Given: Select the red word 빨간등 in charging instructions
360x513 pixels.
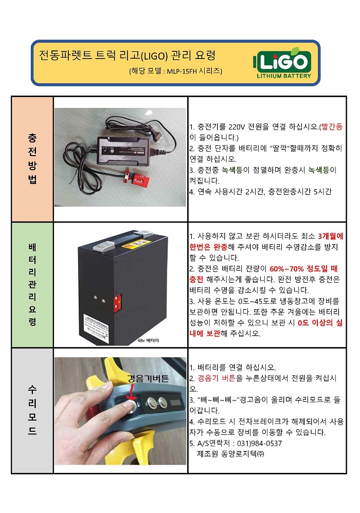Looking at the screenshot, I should pos(331,126).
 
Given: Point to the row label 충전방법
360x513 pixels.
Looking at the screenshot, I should pos(32,159).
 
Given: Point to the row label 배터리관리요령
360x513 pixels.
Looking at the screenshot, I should pos(32,284).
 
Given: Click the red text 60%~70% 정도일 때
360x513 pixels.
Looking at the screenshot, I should pos(303,269).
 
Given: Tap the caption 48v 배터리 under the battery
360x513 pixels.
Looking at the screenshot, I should pos(149,341).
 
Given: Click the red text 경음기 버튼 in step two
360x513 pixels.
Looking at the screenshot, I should pos(217,378).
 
